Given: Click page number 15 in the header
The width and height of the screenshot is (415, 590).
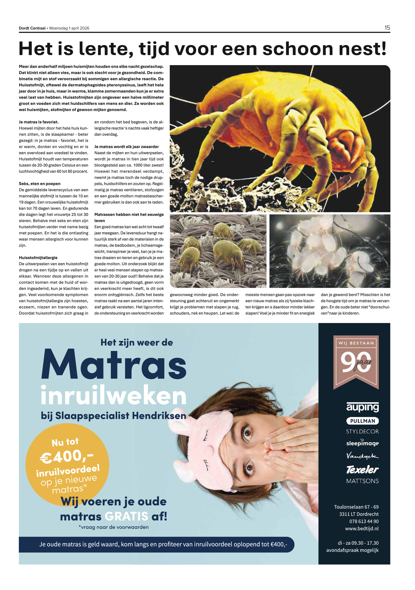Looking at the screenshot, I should pos(387,28).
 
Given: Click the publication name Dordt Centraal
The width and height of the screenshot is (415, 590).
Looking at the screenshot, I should pos(32,28).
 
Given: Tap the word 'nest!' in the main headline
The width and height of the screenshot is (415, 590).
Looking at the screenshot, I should pos(362,49).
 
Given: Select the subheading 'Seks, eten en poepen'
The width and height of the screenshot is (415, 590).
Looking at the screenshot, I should pos(40,184).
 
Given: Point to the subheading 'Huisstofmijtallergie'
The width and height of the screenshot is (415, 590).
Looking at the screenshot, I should pos(38,258).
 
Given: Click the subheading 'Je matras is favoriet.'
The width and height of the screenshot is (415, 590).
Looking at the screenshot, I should pos(39,122).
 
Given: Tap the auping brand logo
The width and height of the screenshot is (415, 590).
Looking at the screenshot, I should pos(362,407).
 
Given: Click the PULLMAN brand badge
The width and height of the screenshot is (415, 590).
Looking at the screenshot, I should pos(362,421).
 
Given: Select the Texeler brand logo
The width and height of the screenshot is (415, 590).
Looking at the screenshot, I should pos(362,469).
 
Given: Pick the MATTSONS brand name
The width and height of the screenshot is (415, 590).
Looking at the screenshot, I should pos(362,481).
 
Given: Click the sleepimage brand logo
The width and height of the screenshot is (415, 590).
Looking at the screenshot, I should pos(362,443).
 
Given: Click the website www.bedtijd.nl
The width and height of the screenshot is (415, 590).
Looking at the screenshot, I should pos(362,528).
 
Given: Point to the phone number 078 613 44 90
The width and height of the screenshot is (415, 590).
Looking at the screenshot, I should pos(364,521).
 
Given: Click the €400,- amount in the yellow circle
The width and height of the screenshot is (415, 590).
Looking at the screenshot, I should pos(66,456).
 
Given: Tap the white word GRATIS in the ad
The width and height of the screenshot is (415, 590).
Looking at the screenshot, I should pos(127,516).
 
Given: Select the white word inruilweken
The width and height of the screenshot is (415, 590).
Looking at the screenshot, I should pos(114,396).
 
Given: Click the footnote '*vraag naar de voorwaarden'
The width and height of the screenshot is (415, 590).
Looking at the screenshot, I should pos(114,527).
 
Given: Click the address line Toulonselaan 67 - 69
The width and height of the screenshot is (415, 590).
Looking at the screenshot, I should pos(356,507).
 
